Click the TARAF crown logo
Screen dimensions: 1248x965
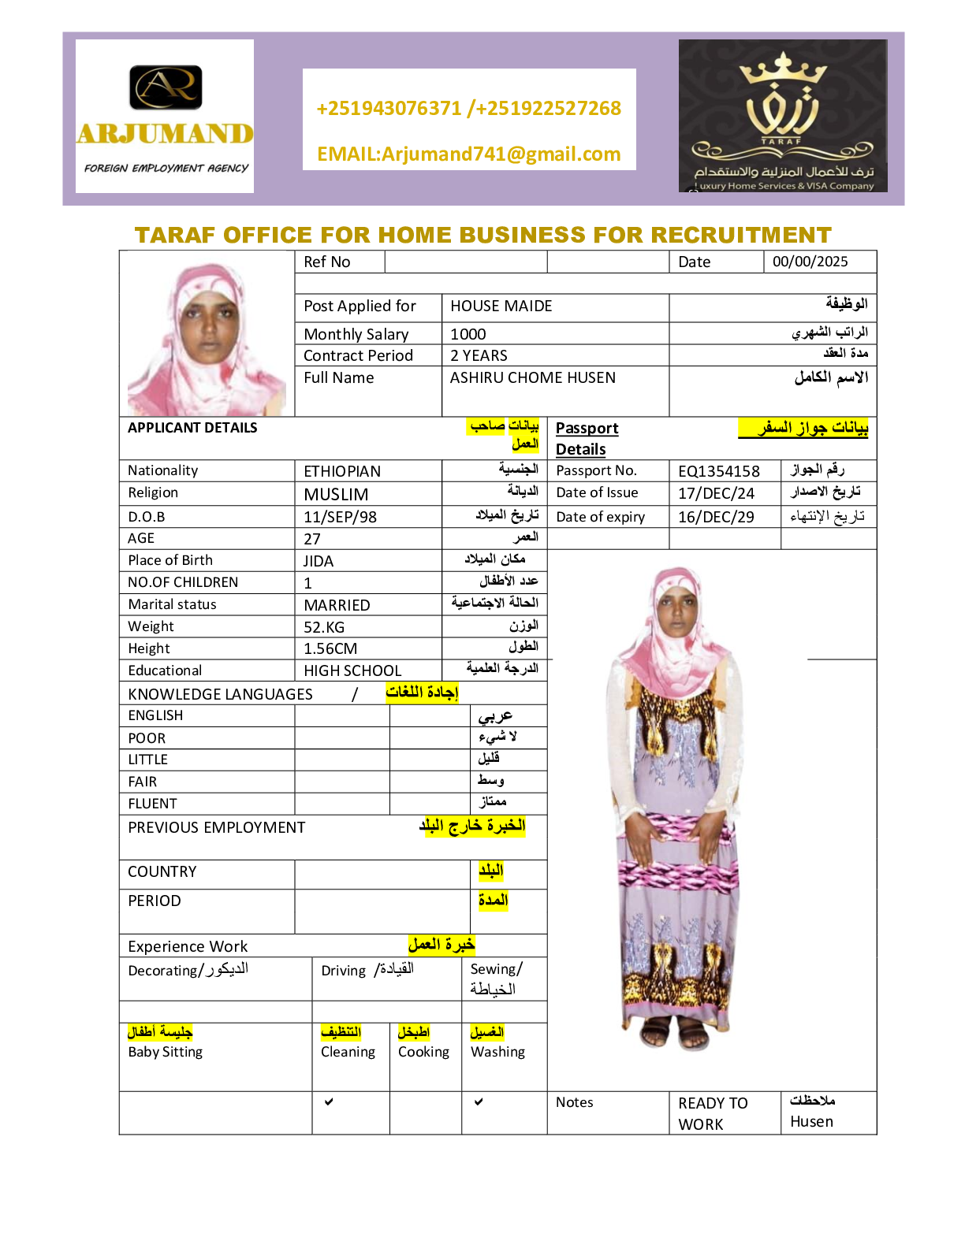(x=782, y=115)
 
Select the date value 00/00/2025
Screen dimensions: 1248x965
(x=810, y=262)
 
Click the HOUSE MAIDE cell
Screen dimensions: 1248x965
(x=501, y=306)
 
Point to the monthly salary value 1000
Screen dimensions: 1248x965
(x=468, y=334)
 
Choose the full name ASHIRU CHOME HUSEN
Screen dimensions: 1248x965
(x=533, y=377)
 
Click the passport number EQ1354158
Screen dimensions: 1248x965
(x=719, y=471)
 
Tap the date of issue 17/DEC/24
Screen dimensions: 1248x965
(x=716, y=493)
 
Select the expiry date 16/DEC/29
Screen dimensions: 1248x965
(x=716, y=517)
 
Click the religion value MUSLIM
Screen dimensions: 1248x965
(x=336, y=494)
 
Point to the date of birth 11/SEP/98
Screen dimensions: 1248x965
(x=340, y=517)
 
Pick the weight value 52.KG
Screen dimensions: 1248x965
(x=324, y=627)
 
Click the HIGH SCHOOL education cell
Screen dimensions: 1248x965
(x=352, y=670)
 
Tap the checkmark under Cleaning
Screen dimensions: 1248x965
(x=329, y=1101)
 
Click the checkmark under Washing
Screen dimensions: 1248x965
(x=479, y=1101)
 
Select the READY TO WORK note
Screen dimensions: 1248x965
(x=713, y=1113)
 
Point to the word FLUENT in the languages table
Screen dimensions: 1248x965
(x=153, y=804)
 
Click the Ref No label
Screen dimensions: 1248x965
(x=327, y=262)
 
